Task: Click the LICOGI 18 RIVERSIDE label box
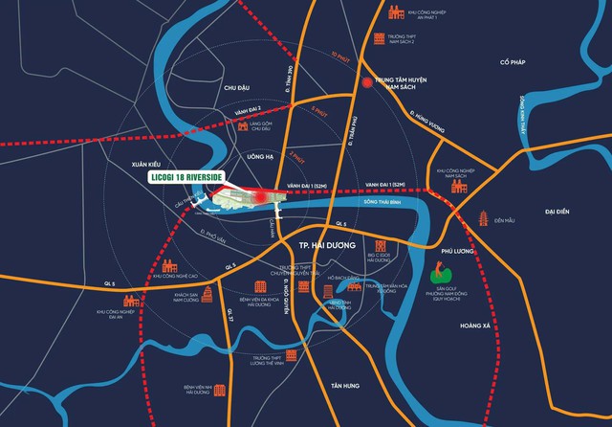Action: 198,178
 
